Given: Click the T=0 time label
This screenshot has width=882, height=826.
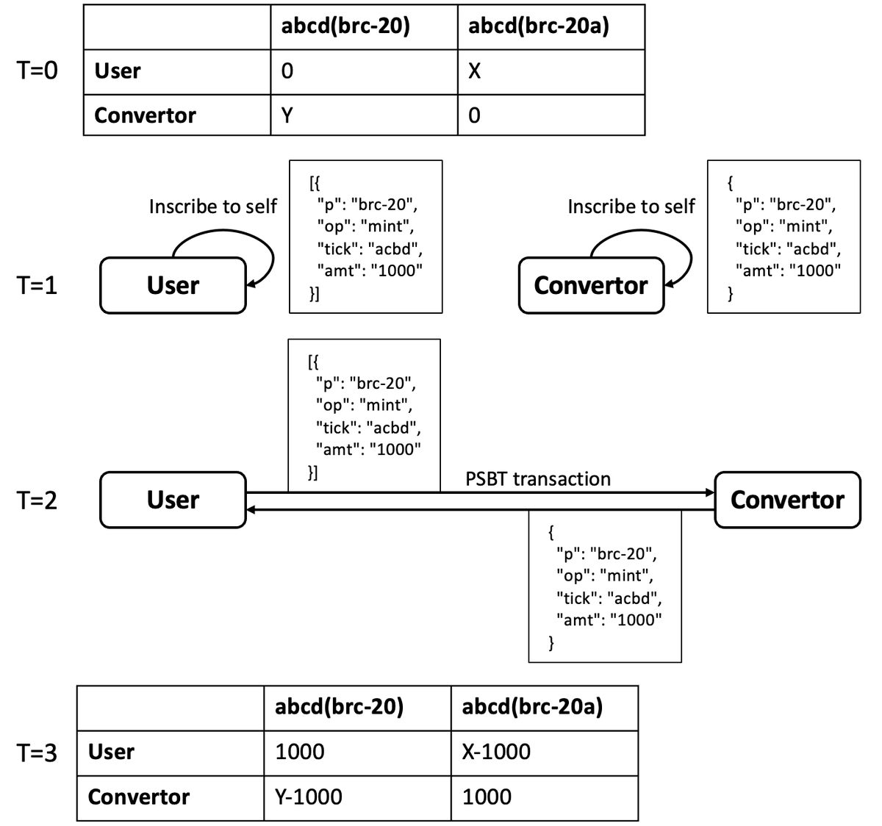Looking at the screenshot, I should [x=37, y=71].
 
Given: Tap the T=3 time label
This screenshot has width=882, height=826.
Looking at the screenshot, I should [x=37, y=752].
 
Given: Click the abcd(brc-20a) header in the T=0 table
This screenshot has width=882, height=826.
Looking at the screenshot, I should [x=539, y=26].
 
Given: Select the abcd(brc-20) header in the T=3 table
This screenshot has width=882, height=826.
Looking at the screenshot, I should [x=339, y=707].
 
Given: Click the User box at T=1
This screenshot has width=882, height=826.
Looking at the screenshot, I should [x=173, y=285].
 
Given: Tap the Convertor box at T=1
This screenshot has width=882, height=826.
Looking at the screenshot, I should [x=591, y=285].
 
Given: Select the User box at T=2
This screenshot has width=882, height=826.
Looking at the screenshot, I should [x=173, y=500].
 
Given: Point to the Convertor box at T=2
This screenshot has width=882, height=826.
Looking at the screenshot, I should [x=787, y=500].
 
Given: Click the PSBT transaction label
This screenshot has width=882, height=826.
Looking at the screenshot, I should [x=538, y=479].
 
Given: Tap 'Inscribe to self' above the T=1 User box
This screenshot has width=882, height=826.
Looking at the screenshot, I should [x=213, y=206].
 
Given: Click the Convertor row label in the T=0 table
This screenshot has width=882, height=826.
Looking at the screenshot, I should [x=146, y=115].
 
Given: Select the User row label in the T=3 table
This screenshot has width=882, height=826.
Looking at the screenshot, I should [x=111, y=752].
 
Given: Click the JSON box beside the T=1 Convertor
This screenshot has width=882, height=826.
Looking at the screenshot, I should [x=784, y=237].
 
